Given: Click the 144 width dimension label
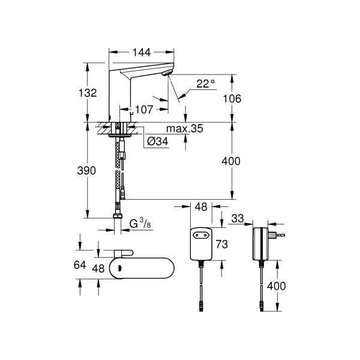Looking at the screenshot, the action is point(142,52).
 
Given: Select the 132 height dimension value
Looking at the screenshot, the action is point(88,93).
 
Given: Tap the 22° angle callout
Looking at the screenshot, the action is point(205,84).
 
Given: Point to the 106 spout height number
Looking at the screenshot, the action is point(232,99).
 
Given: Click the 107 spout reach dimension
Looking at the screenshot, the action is point(144,110).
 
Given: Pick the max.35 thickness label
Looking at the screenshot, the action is point(185,128).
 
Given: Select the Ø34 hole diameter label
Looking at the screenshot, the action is point(157,141).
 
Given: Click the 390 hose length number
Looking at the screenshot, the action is point(86,171).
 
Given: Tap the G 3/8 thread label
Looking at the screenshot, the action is point(140,224).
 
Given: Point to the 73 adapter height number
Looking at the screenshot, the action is point(222,244).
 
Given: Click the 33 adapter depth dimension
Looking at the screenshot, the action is point(238,218).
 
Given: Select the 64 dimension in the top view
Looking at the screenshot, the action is point(80,265).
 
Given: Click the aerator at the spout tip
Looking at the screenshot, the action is point(167,73).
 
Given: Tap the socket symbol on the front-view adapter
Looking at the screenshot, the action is point(201,235).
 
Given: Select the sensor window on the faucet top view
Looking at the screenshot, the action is point(119,268).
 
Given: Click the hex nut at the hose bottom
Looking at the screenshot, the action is point(118,216).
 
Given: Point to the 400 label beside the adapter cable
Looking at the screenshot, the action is point(277,286).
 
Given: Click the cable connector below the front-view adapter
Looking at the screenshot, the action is point(201,307).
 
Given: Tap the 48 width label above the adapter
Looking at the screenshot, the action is point(201,207).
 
